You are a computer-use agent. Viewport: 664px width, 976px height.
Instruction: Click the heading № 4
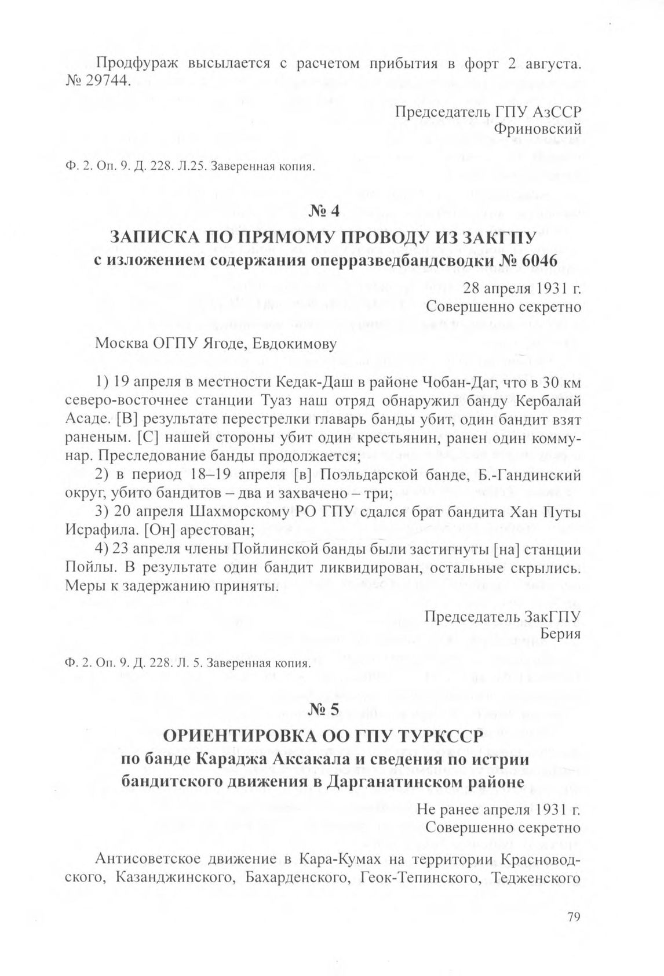(x=331, y=212)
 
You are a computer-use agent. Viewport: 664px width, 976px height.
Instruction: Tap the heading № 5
(x=331, y=709)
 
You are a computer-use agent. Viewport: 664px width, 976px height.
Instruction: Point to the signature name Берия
(x=560, y=633)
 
